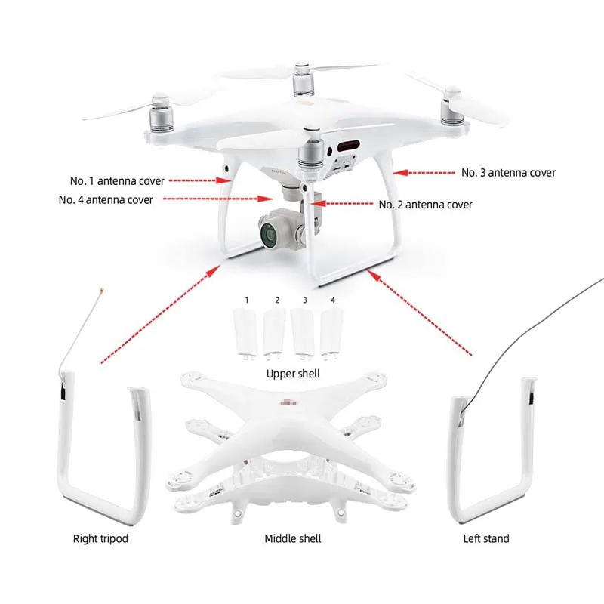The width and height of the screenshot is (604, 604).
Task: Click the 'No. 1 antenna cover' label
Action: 117,181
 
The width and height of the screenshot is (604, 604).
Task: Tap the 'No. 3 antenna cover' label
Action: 508,173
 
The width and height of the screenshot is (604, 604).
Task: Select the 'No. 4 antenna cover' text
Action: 106,200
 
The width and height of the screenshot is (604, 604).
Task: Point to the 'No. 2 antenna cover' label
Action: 425,205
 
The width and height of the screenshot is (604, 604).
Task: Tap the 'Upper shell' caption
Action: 293,374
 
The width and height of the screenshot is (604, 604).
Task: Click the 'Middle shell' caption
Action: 293,538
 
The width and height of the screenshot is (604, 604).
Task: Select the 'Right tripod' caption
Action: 100,538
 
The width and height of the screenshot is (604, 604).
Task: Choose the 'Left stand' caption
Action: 486,538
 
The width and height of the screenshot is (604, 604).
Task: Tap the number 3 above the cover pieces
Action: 304,300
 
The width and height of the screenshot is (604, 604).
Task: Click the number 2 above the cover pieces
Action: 277,300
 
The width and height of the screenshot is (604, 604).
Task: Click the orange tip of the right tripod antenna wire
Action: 98,290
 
